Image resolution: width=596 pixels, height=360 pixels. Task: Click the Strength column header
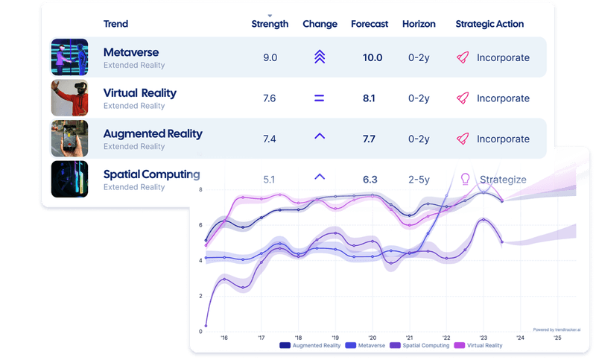(270, 24)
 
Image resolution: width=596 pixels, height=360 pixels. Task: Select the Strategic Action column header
(489, 24)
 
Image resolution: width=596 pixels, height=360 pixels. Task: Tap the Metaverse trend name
(131, 53)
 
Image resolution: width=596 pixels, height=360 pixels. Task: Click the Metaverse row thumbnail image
(69, 57)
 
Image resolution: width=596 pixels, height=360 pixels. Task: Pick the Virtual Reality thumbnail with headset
(69, 98)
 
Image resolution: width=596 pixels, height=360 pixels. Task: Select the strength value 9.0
(270, 57)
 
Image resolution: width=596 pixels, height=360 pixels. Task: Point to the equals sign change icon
(320, 98)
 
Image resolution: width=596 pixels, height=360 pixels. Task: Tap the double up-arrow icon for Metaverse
(320, 57)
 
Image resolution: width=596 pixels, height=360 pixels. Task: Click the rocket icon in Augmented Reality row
(463, 139)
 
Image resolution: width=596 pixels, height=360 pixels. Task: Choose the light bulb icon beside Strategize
(466, 179)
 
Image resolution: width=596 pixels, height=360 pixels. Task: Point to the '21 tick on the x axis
(409, 338)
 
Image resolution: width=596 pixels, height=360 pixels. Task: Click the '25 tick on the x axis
(557, 338)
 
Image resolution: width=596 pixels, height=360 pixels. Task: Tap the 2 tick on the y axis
(200, 296)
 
